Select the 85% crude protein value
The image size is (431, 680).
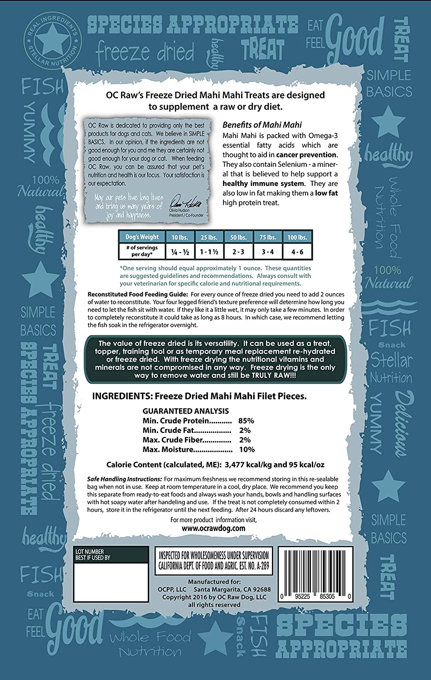(x=246, y=421)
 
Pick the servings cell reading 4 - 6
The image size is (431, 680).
(x=297, y=250)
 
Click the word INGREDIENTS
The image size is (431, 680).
(x=121, y=396)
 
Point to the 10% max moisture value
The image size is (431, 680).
(x=247, y=450)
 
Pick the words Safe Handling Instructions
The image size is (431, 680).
(x=124, y=479)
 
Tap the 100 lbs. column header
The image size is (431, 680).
(x=297, y=237)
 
